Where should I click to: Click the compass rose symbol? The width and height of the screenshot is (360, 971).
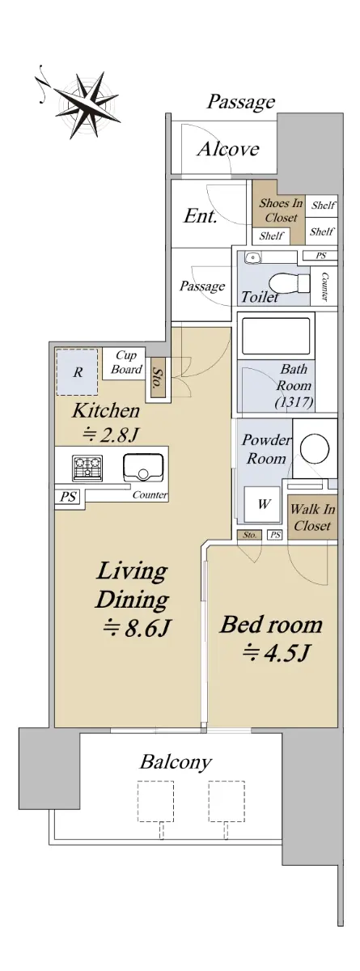[83, 105]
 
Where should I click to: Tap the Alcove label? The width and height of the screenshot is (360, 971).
[228, 150]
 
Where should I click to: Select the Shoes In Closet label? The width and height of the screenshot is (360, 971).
[281, 210]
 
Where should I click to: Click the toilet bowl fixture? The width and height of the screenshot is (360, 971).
[290, 284]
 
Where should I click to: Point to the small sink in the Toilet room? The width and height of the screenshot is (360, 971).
[252, 258]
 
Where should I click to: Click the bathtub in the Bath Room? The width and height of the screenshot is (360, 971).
[276, 337]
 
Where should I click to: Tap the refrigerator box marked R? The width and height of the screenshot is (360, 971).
[77, 372]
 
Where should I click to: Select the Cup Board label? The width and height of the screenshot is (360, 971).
[126, 363]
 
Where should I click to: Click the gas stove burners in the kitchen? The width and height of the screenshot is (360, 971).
[87, 469]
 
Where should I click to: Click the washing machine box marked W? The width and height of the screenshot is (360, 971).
[263, 504]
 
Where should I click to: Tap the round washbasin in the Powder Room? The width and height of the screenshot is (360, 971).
[316, 448]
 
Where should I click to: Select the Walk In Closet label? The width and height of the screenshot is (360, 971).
[312, 518]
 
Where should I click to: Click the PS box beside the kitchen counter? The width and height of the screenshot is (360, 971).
[68, 496]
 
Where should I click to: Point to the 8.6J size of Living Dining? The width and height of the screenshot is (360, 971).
[136, 629]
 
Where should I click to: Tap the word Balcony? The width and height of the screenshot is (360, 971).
[176, 762]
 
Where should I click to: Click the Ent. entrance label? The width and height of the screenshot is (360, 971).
[200, 215]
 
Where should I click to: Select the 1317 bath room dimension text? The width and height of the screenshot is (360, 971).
[294, 402]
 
